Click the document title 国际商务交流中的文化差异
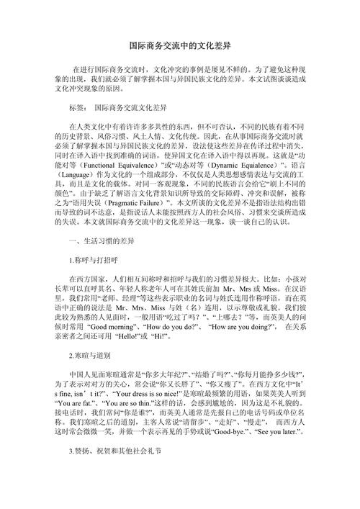[x=179, y=45]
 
